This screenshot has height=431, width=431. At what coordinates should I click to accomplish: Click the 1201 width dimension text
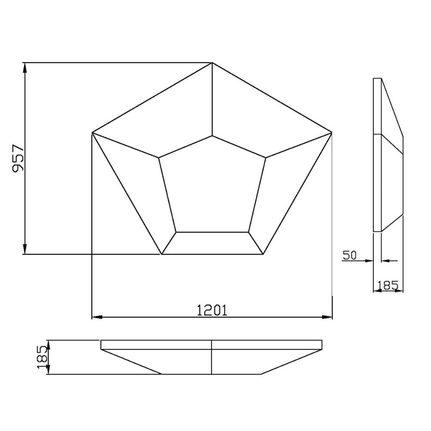[x=212, y=310]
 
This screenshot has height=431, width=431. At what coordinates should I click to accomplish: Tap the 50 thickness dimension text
[x=350, y=255]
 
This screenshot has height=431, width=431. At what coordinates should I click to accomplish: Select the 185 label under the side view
[x=388, y=284]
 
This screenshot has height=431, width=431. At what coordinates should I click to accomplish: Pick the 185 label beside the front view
[x=42, y=357]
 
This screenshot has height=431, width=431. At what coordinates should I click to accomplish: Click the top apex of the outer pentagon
[x=212, y=63]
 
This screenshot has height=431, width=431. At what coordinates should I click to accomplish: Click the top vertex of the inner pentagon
[x=212, y=136]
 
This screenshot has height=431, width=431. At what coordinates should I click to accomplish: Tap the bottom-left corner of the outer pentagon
[x=162, y=254]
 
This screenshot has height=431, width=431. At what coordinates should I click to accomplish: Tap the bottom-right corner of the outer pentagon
[x=263, y=254]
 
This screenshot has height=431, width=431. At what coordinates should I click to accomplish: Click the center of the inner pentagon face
[x=212, y=190]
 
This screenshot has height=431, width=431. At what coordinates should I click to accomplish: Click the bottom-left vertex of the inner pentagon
[x=176, y=232]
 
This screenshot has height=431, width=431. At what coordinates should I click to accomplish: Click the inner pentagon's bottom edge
[x=212, y=232]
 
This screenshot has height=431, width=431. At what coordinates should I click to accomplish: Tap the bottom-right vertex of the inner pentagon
[x=248, y=232]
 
